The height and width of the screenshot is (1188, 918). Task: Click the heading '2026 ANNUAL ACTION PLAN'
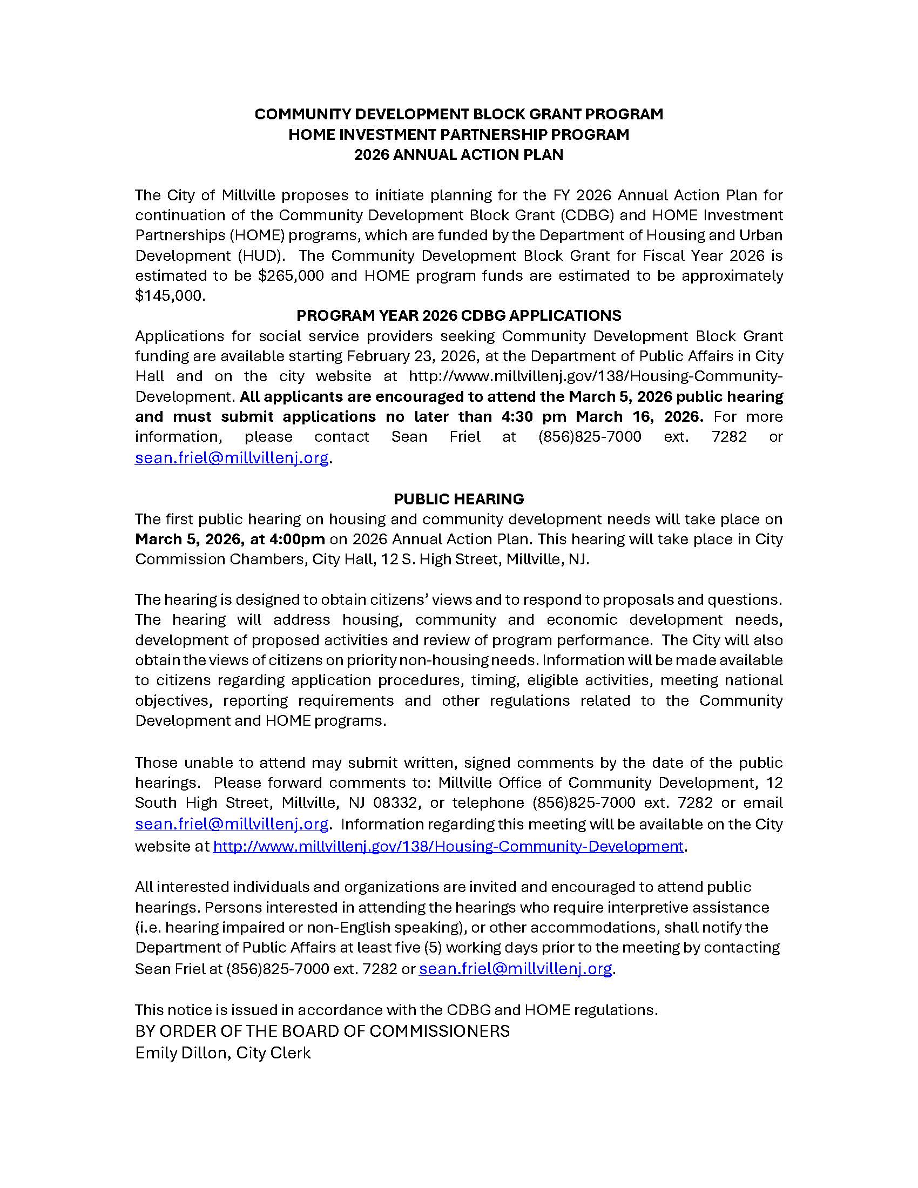458,155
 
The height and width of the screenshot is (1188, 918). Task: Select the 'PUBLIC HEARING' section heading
458,499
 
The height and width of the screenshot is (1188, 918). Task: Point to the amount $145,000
170,296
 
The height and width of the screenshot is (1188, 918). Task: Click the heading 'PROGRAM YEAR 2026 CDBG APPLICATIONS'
458,315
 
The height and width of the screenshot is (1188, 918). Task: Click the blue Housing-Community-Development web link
448,846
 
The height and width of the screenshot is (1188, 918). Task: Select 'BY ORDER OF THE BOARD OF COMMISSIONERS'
322,1031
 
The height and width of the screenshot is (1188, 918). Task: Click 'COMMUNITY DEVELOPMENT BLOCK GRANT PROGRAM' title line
458,114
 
